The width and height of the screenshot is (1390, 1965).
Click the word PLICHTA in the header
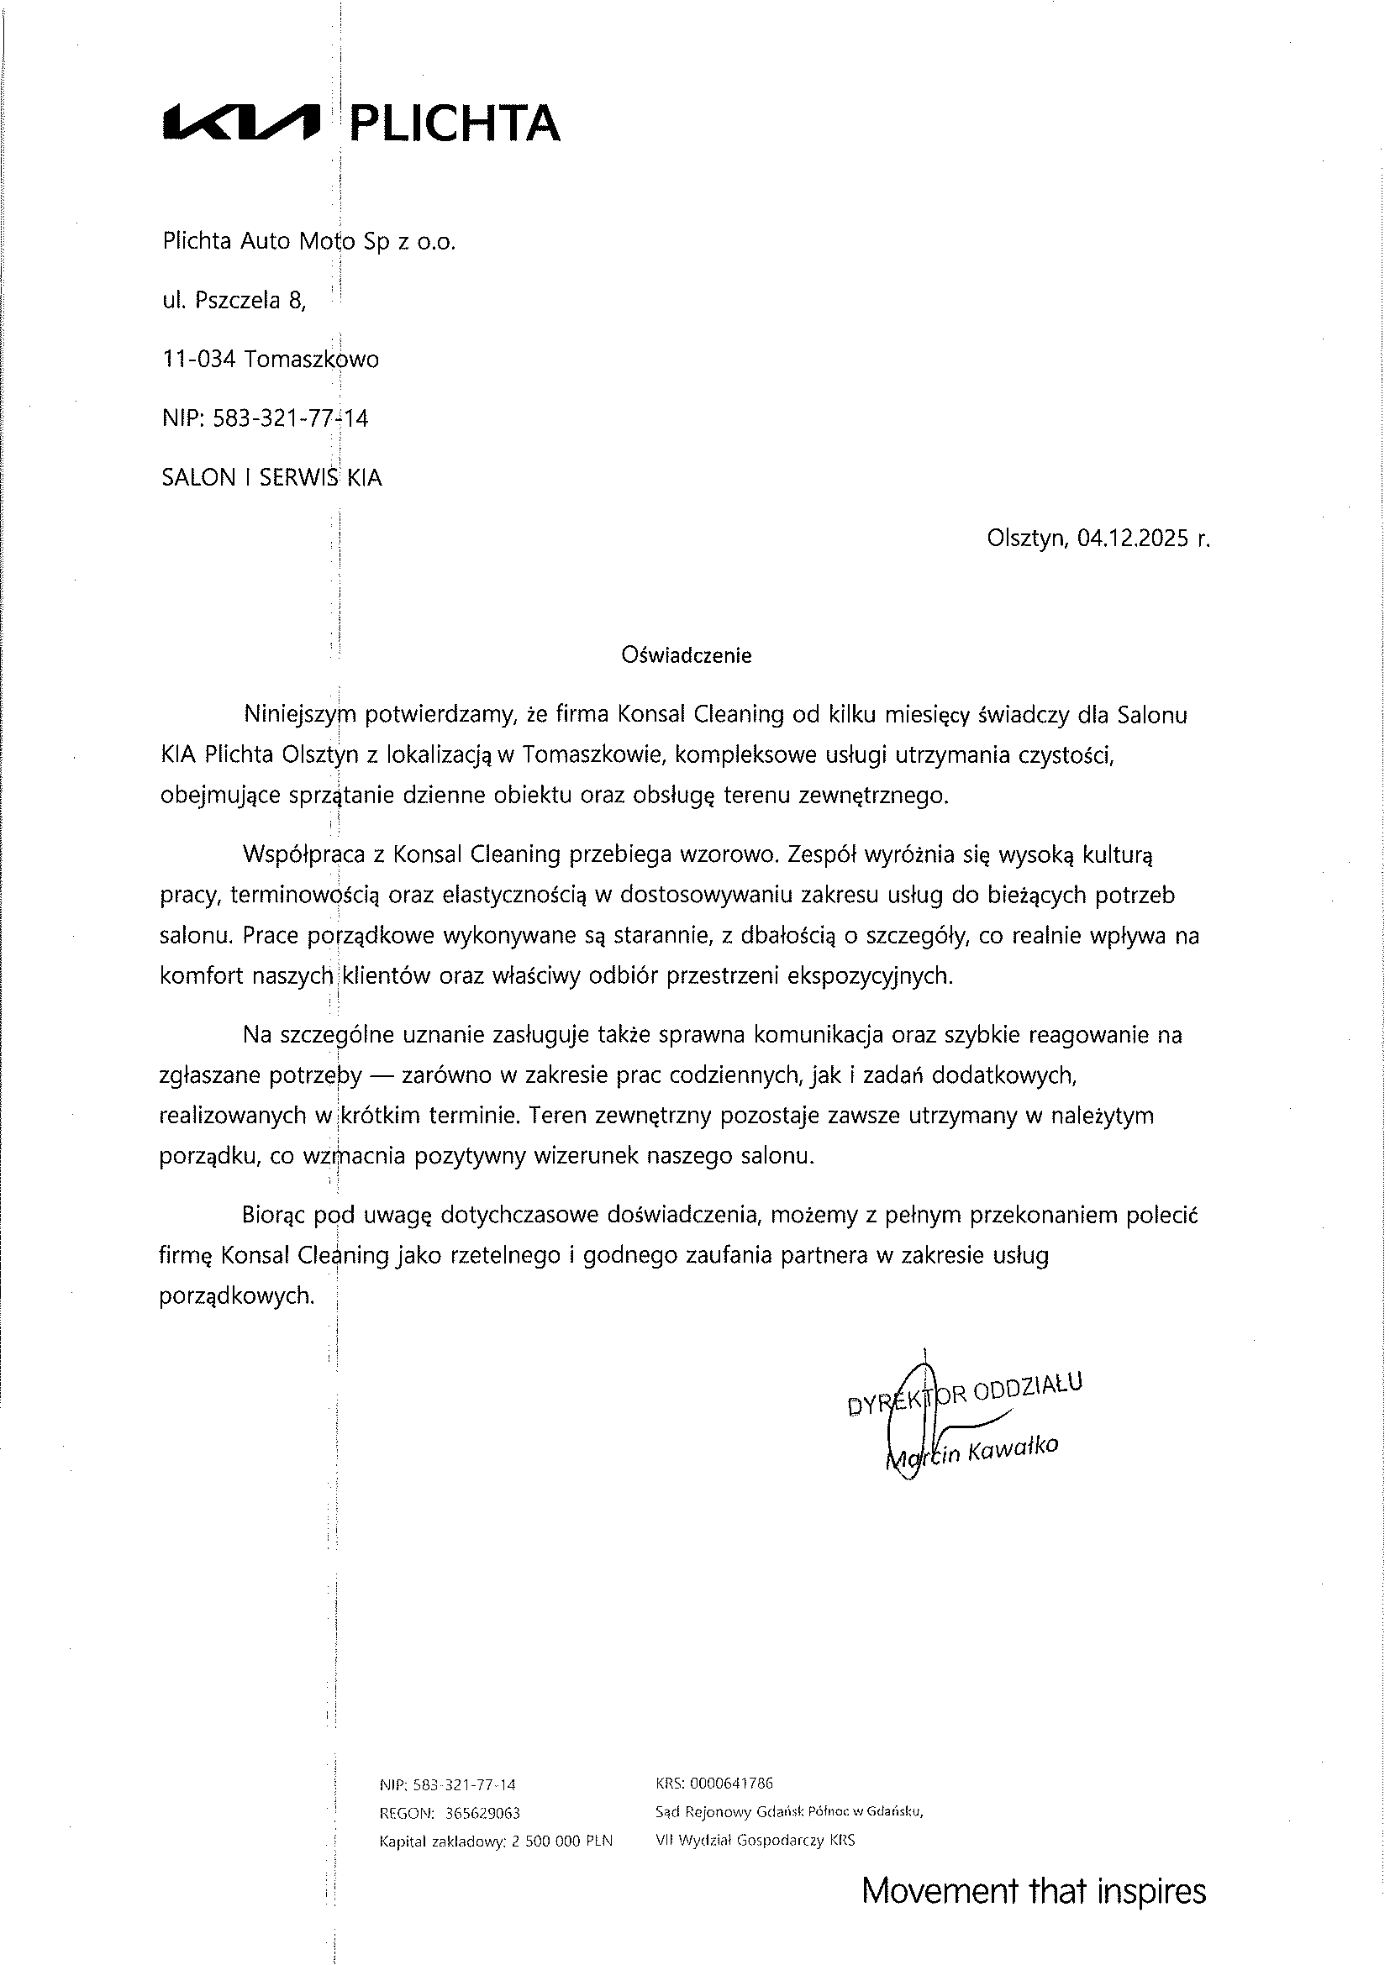point(456,123)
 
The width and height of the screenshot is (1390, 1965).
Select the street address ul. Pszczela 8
point(234,301)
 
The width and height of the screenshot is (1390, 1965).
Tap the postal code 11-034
point(198,360)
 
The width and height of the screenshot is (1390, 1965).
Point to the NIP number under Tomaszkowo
point(290,418)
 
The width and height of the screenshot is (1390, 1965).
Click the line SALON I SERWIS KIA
point(271,477)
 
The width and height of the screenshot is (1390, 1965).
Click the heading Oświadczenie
point(687,655)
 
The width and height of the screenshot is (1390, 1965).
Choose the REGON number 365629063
point(482,1814)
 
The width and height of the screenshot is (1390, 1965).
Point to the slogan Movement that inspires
point(1033,1891)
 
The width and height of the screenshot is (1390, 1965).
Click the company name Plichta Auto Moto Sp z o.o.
point(309,242)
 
